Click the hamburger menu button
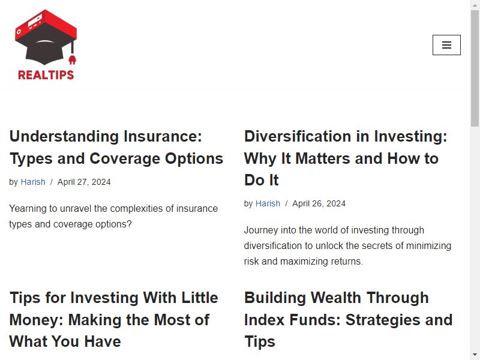point(446,45)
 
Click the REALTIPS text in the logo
point(46,75)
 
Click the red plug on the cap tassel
point(72,60)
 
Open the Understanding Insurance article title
point(116,147)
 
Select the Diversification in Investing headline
point(346,158)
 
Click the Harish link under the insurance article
point(33,182)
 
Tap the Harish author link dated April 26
point(268,203)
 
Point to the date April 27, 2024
point(84,182)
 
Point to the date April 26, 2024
point(319,203)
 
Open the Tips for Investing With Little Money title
point(113,320)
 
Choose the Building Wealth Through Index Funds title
point(349,320)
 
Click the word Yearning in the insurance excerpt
point(29,209)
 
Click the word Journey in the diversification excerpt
point(261,230)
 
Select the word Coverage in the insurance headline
point(125,158)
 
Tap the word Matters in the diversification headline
point(322,158)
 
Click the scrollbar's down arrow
point(475,355)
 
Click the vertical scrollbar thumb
point(475,68)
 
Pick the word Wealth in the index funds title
point(336,298)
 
